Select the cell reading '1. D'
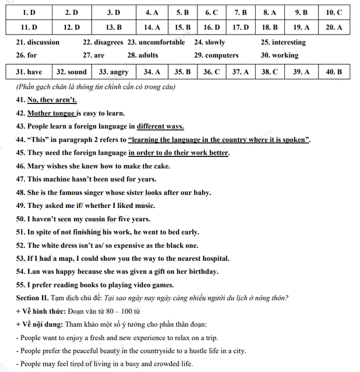(x=25, y=12)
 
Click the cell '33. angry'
(x=113, y=72)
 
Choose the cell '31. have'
(x=29, y=72)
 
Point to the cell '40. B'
(x=334, y=72)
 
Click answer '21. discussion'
(x=38, y=42)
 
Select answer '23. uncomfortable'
(x=156, y=42)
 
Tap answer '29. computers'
(x=216, y=55)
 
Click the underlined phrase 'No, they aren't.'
(x=52, y=100)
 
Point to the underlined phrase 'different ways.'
(x=160, y=127)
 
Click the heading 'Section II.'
(x=32, y=298)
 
